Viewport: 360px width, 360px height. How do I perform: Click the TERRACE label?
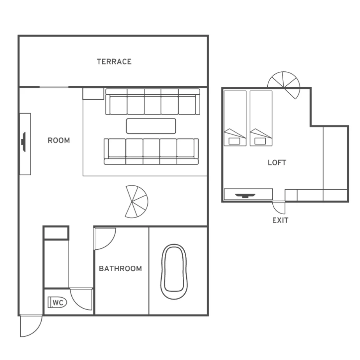114,62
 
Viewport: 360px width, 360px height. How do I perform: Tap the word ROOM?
59,140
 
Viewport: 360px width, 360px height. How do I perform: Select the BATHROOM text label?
120,268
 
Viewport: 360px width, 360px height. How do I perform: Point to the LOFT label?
277,162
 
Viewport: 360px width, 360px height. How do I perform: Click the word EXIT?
280,221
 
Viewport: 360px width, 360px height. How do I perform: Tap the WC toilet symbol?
57,303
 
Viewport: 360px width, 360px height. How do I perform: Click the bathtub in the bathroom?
174,272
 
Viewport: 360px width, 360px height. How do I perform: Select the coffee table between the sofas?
151,126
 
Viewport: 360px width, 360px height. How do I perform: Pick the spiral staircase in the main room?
137,201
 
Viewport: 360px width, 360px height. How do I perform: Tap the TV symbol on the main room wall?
23,142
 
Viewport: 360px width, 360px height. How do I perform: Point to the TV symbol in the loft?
245,196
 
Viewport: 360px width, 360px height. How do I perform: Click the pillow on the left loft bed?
235,141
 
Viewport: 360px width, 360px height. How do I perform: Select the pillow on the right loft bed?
260,141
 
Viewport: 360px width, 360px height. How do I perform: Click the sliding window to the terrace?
54,87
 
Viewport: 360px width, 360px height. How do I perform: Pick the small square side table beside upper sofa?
93,94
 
